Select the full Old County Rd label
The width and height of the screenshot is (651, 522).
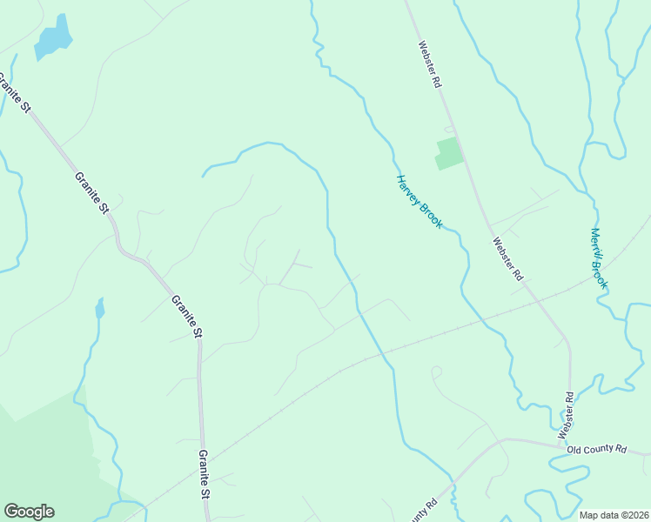[x=596, y=449]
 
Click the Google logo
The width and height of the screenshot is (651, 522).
[x=29, y=512]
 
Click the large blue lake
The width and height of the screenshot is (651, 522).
[x=53, y=37]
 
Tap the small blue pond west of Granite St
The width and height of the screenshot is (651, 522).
[x=100, y=308]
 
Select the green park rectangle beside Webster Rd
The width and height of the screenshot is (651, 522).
[x=447, y=153]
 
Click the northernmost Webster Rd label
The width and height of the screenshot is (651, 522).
[x=430, y=65]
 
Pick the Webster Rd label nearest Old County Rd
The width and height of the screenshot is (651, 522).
[x=567, y=415]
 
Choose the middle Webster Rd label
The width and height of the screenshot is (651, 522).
[x=507, y=258]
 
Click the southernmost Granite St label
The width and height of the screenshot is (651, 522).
[x=204, y=473]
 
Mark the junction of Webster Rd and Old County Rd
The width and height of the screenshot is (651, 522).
[x=560, y=445]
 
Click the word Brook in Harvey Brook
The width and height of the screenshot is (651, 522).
[x=431, y=214]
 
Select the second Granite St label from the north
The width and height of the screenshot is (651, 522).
[x=91, y=192]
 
